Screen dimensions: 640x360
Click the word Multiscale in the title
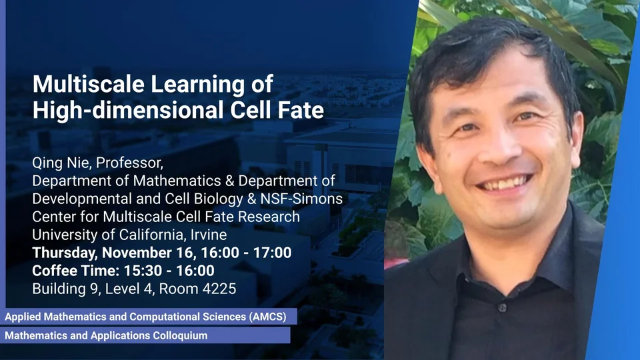[x=89, y=84]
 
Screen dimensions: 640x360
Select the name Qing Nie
[x=61, y=163]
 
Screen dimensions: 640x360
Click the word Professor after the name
[x=129, y=163]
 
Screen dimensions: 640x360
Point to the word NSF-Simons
[x=301, y=199]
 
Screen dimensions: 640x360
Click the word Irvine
[x=209, y=235]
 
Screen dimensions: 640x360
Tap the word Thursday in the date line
[x=65, y=253]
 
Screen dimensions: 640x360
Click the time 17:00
[x=272, y=253]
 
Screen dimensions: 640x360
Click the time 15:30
[x=143, y=271]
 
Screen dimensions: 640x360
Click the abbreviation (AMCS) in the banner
[x=268, y=317]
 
